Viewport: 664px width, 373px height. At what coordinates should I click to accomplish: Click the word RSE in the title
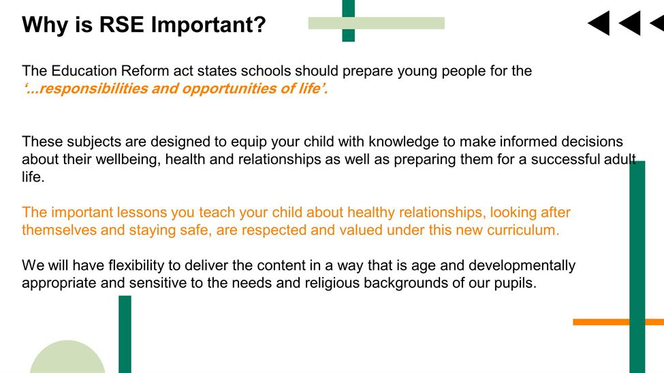[121, 25]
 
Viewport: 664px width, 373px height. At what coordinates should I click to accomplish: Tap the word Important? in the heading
[208, 25]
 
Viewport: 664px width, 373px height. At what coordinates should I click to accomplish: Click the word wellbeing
[128, 160]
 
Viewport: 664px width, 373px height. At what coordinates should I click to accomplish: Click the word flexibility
[136, 265]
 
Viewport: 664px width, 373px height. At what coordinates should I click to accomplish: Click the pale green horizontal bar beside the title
[377, 23]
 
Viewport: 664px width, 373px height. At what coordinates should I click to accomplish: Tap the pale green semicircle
[67, 359]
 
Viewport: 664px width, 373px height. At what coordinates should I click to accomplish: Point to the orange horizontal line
[618, 322]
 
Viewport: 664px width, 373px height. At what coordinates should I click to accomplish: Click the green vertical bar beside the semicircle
[125, 334]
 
